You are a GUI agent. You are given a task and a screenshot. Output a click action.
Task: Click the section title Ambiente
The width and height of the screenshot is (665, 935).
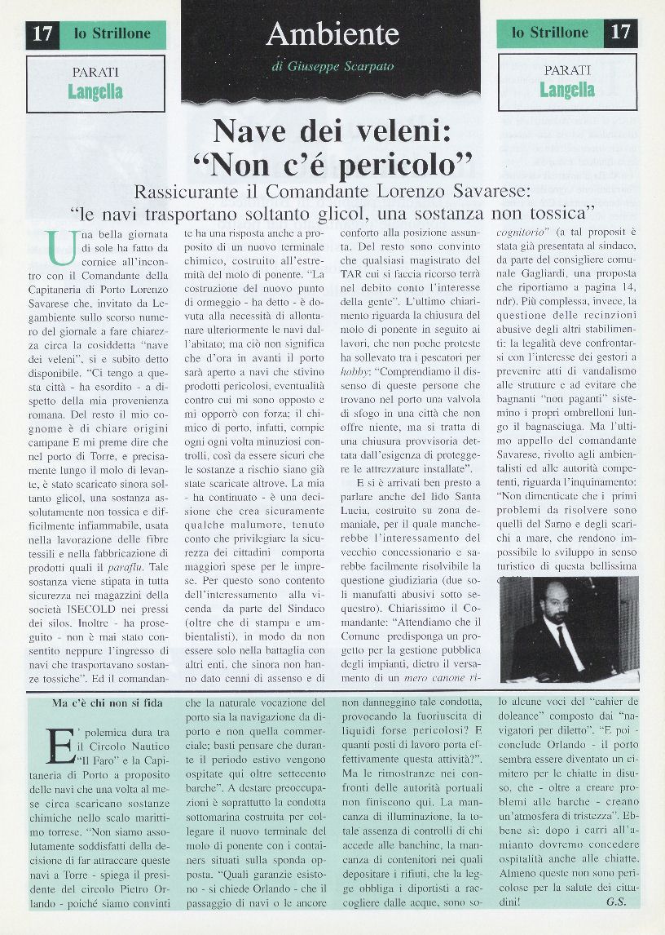tap(332, 34)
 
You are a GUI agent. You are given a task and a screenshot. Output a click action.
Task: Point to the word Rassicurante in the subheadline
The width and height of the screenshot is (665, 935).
tap(191, 193)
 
